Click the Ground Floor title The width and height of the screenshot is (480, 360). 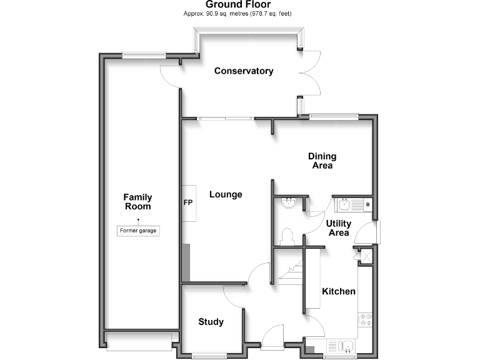point(238,4)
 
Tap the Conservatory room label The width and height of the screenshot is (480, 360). point(244,71)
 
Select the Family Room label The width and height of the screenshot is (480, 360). point(137,202)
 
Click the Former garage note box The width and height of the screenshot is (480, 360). point(138,231)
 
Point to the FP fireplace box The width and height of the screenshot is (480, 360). point(189,203)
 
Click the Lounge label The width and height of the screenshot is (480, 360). point(226,194)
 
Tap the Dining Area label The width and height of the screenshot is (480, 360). point(322,161)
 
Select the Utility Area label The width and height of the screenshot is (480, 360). point(339,228)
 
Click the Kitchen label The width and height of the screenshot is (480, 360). point(339,291)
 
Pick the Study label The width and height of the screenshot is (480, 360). point(211,322)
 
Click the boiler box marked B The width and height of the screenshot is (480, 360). point(367,204)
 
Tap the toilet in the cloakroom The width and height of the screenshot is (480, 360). point(288,236)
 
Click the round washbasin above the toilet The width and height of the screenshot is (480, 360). point(289,203)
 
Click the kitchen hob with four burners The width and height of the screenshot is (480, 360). point(365,321)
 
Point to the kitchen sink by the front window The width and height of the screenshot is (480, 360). point(341,346)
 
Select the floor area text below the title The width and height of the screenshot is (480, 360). point(238,14)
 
